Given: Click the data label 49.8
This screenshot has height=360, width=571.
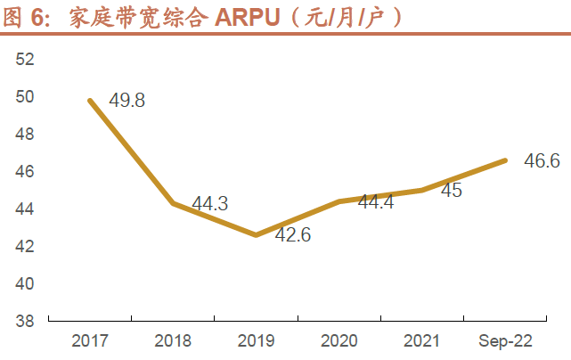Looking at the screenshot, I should tap(127, 100).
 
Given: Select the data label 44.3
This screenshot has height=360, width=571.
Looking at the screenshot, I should tap(210, 204).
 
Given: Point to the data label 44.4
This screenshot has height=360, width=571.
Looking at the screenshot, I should tap(376, 202).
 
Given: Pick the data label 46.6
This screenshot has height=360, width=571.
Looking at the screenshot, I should tap(542, 161).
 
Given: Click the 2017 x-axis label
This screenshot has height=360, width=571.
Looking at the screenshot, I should tap(90, 340).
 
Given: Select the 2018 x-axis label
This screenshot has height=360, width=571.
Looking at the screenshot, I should tap(173, 340).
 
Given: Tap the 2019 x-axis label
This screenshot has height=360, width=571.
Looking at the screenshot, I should tap(256, 340).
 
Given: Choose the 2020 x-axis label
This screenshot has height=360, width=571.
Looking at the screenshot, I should tap(339, 340).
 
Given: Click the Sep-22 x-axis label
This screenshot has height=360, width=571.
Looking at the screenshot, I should tap(505, 340).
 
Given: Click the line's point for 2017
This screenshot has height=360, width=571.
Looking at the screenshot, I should tap(90, 100).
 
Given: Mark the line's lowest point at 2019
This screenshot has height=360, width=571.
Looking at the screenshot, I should tap(256, 235).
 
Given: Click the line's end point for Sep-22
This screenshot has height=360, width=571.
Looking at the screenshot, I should tap(505, 160).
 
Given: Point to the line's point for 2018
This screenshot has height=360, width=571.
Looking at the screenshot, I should tap(173, 203).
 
